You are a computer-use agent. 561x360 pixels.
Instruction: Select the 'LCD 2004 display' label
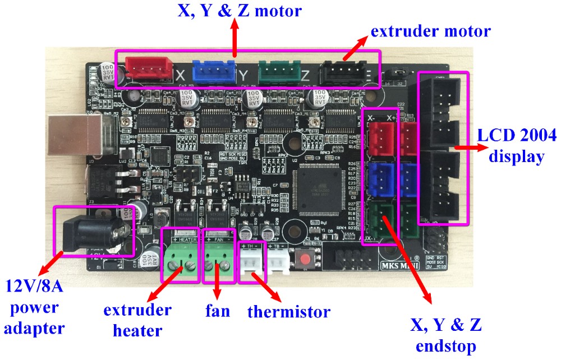tap(517, 145)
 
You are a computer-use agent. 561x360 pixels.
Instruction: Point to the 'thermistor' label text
tap(288, 311)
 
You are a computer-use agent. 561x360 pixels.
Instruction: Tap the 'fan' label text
tap(218, 310)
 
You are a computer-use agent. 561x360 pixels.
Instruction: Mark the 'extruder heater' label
tap(137, 320)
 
